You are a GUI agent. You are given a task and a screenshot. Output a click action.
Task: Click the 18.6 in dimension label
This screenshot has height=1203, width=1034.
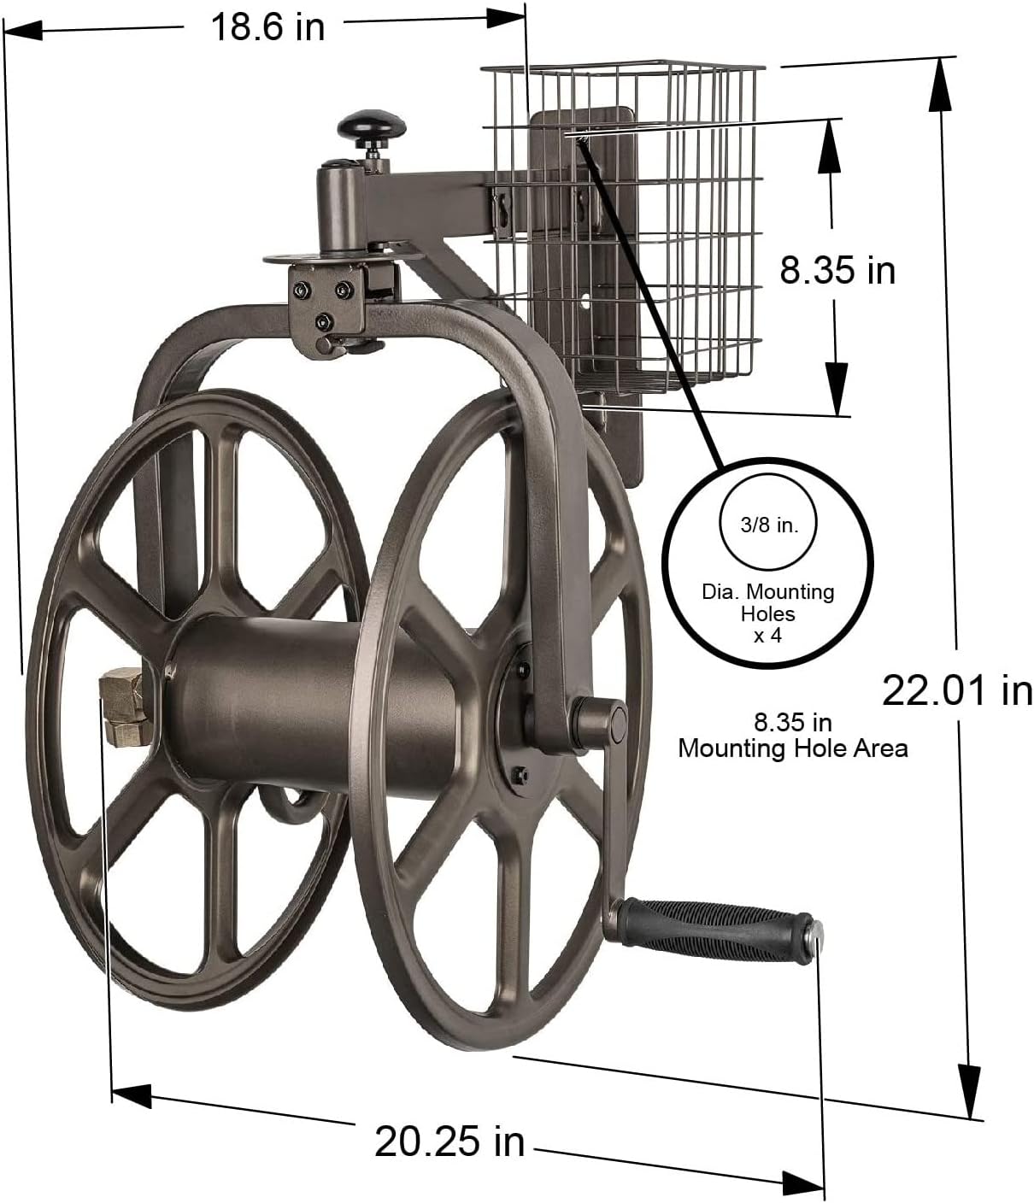point(267,26)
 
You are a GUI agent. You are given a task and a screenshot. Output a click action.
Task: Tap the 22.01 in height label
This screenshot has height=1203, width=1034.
point(956,690)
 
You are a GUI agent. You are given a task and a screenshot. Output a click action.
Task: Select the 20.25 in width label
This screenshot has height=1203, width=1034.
point(449,1140)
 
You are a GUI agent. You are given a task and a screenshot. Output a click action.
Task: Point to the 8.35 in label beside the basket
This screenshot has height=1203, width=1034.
point(837,270)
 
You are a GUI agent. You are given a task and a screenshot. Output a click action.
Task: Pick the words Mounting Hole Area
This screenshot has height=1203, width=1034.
point(792,748)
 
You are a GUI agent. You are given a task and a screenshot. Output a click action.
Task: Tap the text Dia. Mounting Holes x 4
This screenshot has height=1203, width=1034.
point(767,613)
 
